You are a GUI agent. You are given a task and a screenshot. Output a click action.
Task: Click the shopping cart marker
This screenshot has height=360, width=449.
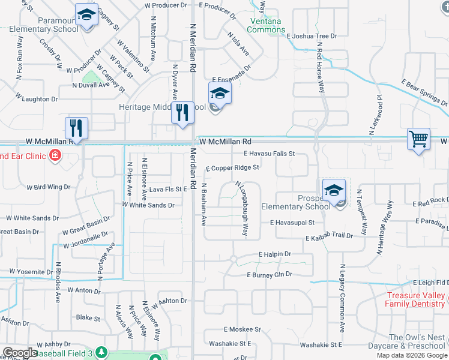pyautogui.click(x=418, y=139)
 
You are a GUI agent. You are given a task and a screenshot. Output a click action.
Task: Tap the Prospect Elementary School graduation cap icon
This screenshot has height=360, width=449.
pyautogui.click(x=334, y=190)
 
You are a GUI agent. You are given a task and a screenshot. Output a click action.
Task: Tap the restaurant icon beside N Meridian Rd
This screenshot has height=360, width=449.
pyautogui.click(x=182, y=112)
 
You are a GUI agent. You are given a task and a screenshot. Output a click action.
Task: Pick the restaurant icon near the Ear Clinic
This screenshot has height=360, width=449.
pyautogui.click(x=76, y=127)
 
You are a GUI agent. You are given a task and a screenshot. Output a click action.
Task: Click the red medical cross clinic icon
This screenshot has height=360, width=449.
pyautogui.click(x=55, y=156)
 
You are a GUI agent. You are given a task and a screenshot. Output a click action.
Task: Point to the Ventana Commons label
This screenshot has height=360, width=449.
pyautogui.click(x=266, y=25)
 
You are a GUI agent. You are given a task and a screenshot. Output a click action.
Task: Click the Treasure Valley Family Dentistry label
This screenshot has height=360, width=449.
pyautogui.click(x=415, y=299)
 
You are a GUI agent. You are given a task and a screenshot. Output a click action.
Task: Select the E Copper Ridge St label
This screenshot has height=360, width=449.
pyautogui.click(x=232, y=168)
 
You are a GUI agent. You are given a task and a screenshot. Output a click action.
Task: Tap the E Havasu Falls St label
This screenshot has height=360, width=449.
pyautogui.click(x=269, y=154)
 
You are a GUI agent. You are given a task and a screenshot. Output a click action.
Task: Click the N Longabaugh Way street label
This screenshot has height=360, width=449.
pyautogui.click(x=242, y=200)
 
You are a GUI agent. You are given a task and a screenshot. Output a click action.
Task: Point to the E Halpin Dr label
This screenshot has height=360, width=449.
pyautogui.click(x=274, y=254)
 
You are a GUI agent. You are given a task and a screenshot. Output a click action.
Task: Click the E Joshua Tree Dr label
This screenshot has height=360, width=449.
pyautogui.click(x=312, y=36)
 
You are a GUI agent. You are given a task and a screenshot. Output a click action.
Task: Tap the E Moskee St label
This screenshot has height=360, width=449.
pyautogui.click(x=243, y=329)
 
